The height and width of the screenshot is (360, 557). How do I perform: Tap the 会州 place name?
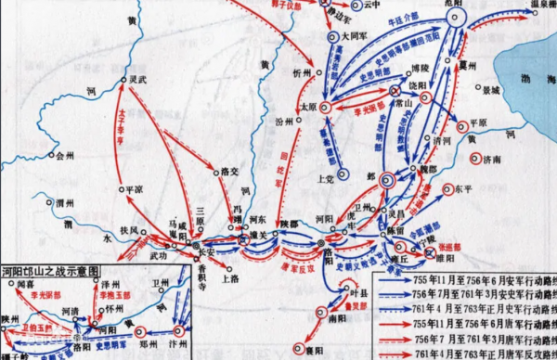[64, 157]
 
